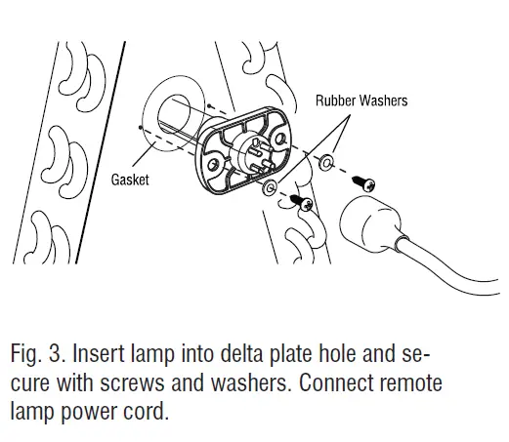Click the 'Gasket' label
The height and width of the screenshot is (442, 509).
(129, 181)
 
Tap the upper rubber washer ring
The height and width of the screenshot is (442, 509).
(334, 160)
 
